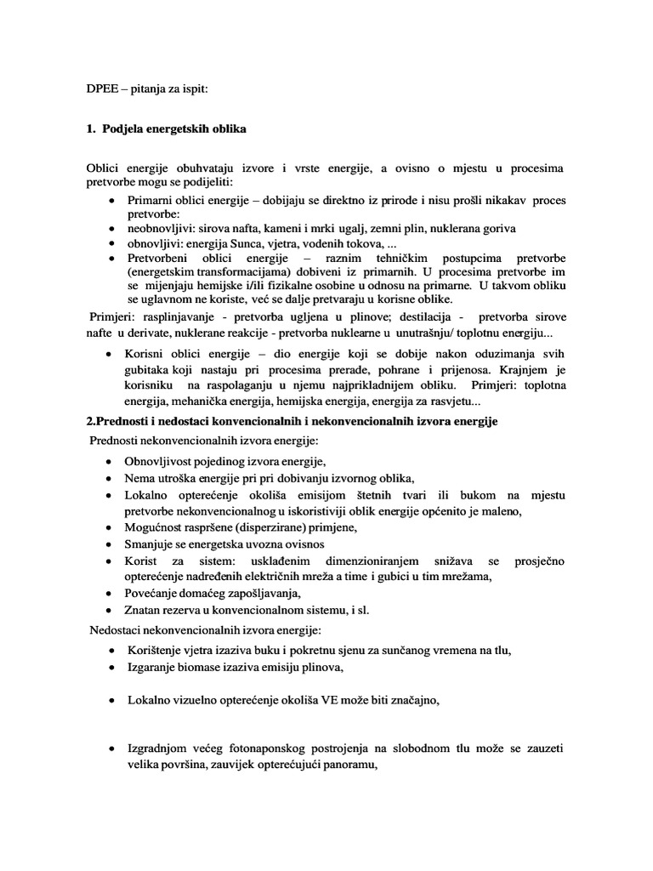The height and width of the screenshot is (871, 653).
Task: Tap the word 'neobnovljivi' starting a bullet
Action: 156,229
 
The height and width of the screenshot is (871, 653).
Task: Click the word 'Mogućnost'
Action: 155,527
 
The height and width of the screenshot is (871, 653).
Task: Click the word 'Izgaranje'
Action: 150,668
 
